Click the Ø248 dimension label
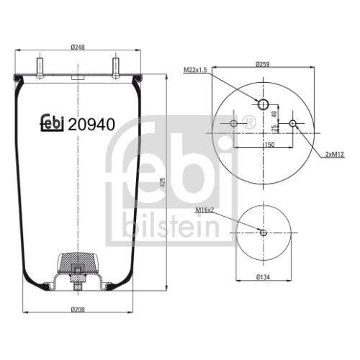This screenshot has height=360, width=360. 77,48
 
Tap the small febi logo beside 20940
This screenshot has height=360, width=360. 52,124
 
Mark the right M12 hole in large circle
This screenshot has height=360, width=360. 292,124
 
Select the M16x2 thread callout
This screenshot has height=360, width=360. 206,210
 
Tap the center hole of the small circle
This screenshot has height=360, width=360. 264,233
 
